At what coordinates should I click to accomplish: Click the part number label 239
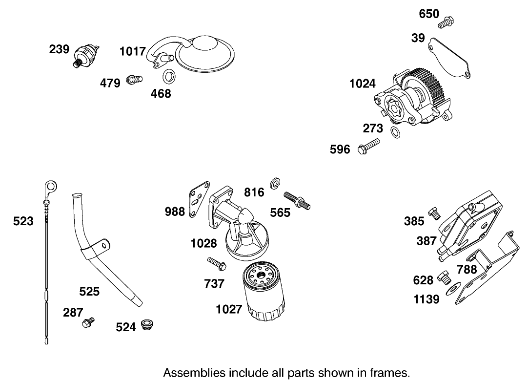(x=59, y=49)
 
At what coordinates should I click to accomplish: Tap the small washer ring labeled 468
(x=169, y=76)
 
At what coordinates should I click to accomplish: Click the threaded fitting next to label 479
(x=133, y=79)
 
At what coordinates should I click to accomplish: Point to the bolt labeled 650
(x=446, y=21)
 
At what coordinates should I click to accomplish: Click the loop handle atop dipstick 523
(x=50, y=187)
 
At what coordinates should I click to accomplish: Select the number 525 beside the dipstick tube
(x=89, y=292)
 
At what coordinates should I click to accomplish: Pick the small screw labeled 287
(x=88, y=321)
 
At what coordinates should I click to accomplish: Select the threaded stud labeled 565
(x=296, y=201)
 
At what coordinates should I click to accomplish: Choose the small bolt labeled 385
(x=434, y=213)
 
